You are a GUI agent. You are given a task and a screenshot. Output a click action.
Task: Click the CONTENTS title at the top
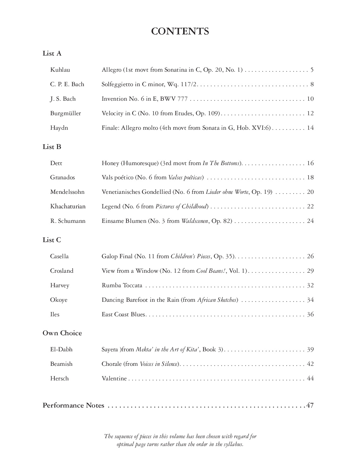tap(180, 32)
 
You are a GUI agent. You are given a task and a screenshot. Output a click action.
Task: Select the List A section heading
tap(52, 54)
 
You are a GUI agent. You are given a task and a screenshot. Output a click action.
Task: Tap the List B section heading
tap(52, 147)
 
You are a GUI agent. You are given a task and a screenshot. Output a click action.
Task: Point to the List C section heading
tap(52, 240)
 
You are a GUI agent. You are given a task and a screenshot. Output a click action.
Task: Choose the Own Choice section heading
tap(62, 333)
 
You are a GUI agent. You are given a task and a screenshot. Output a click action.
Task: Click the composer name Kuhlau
tap(60, 70)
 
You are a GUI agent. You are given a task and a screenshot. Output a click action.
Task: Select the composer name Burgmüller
tap(65, 113)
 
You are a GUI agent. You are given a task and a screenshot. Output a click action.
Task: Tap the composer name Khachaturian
tap(68, 206)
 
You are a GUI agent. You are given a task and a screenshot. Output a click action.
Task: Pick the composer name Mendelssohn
tap(67, 192)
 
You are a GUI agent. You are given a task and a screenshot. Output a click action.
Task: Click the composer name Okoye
tap(59, 300)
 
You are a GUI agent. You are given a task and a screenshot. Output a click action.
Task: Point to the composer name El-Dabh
tap(61, 349)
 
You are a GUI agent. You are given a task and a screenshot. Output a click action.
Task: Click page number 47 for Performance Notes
tap(310, 405)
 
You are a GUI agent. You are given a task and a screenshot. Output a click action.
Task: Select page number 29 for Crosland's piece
tap(310, 271)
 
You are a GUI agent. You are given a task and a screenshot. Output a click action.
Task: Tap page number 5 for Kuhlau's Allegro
tap(312, 70)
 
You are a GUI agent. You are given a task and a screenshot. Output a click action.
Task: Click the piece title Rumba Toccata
tap(122, 285)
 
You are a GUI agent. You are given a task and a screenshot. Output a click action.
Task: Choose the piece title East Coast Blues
tap(123, 314)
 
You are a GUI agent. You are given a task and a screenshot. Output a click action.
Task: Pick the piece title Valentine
tap(114, 378)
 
